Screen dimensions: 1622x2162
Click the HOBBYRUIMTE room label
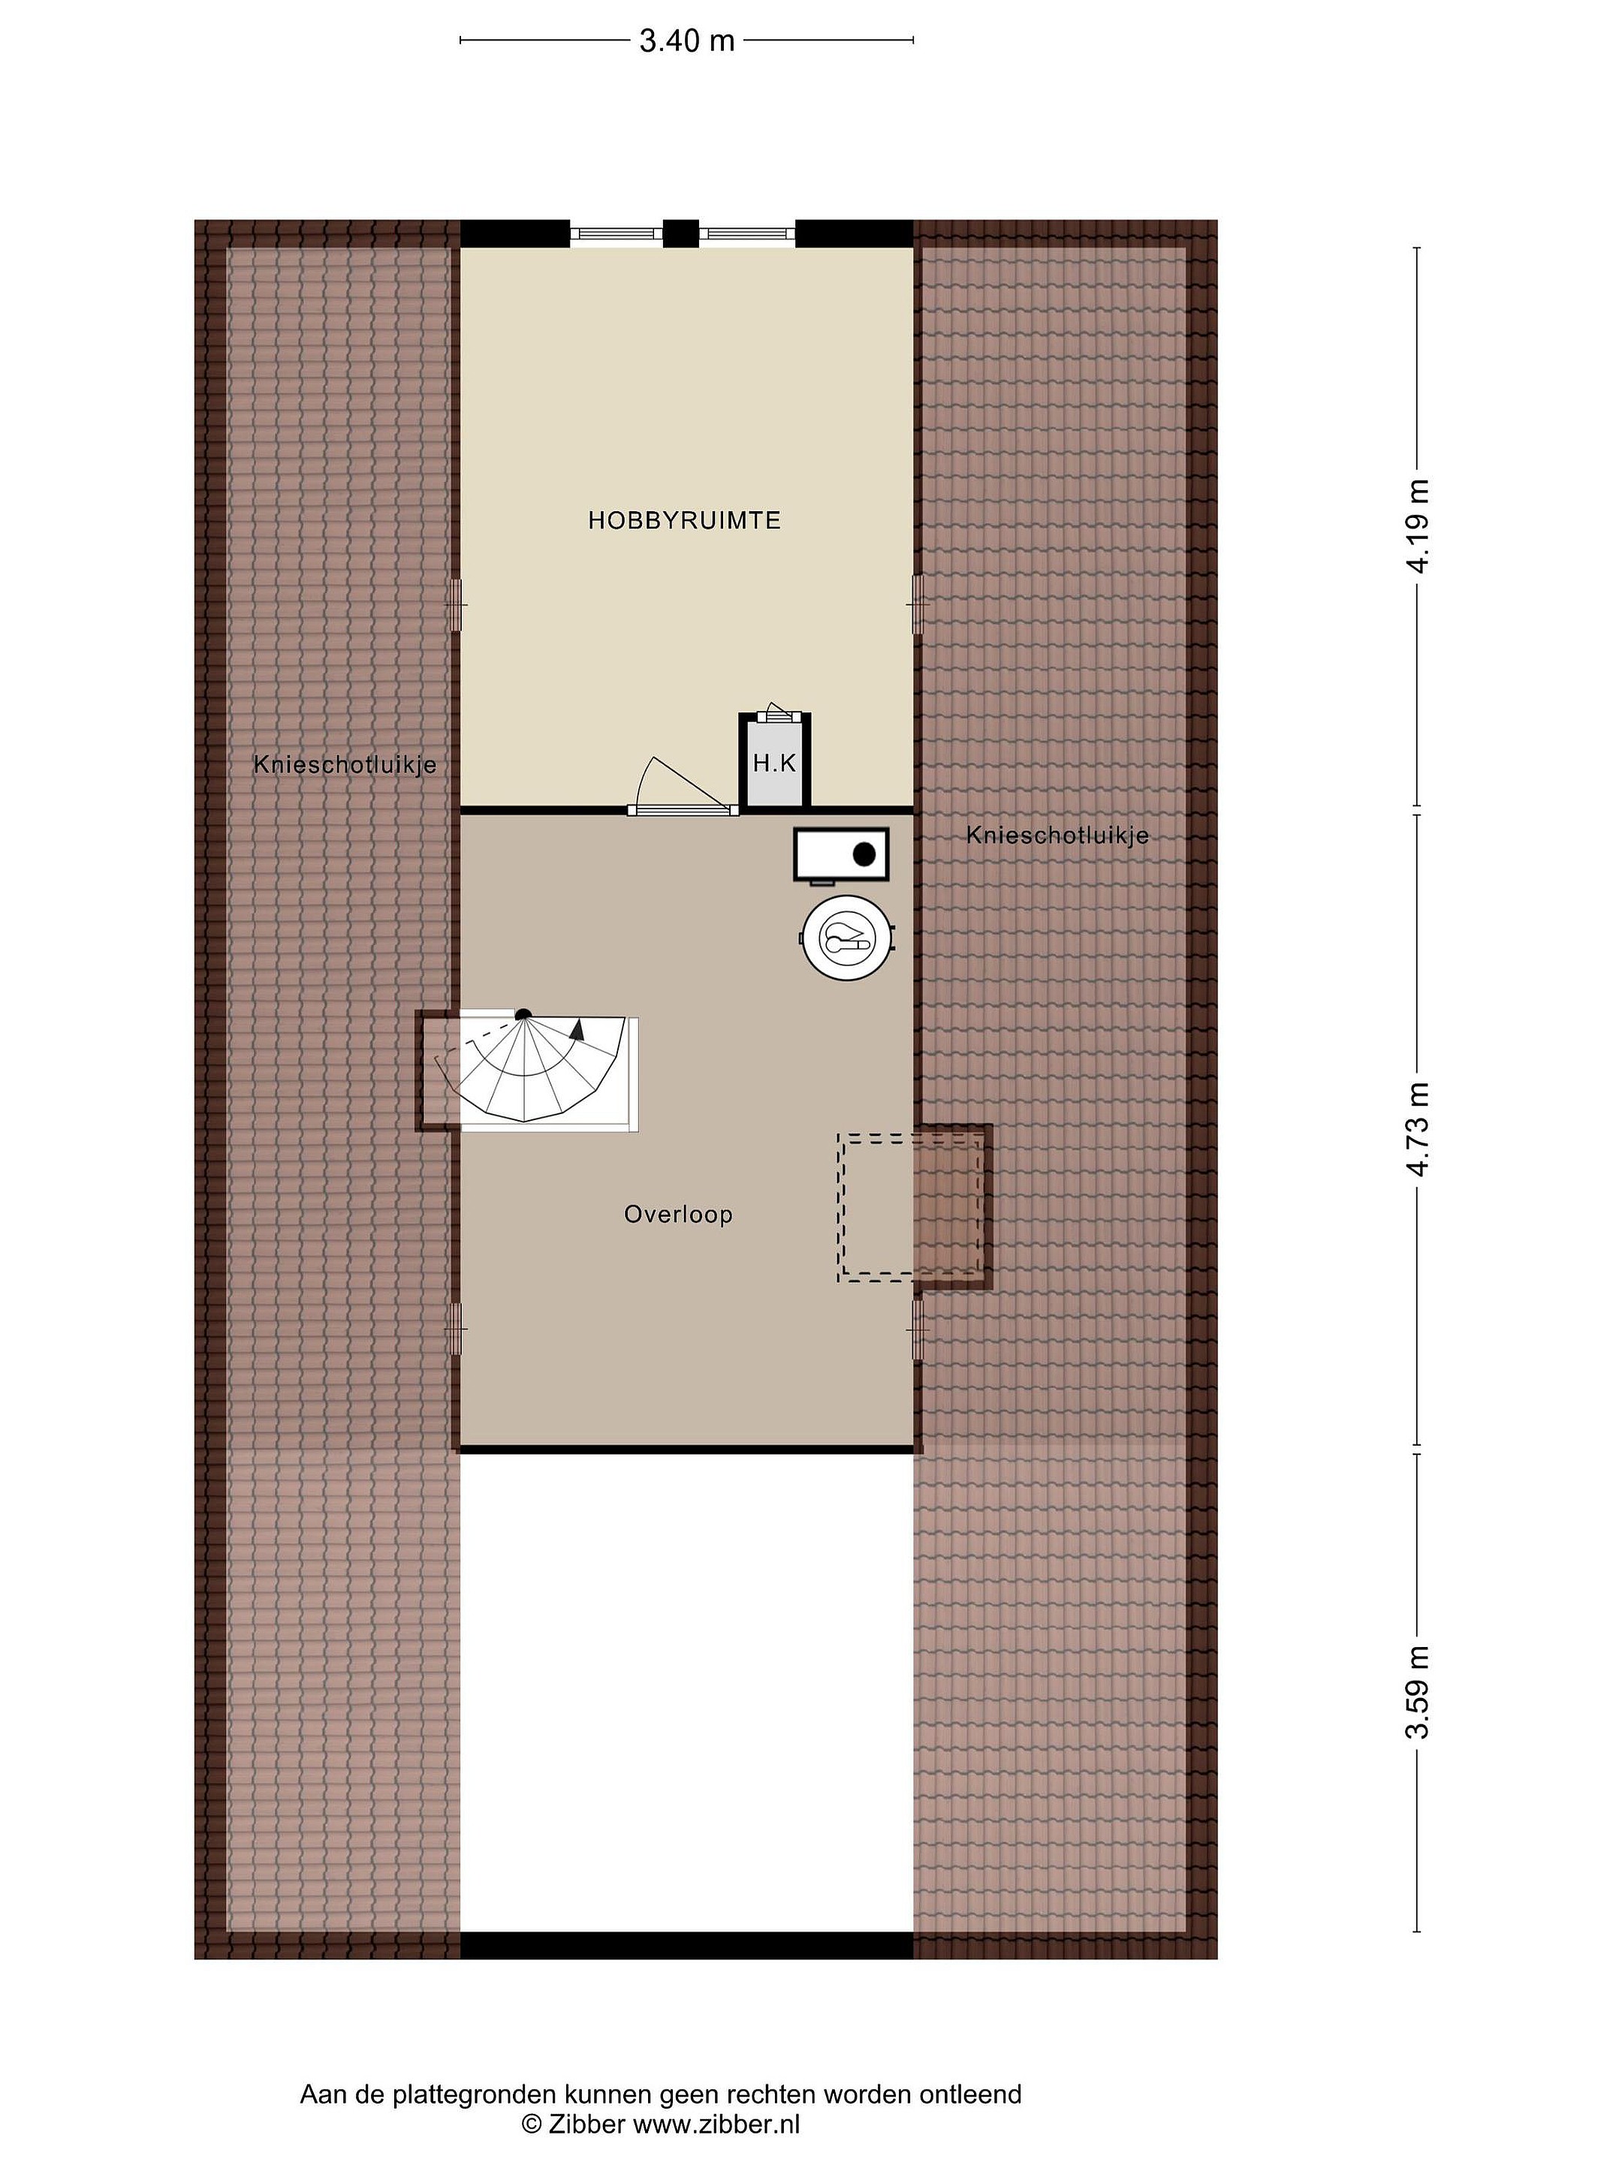pyautogui.click(x=683, y=521)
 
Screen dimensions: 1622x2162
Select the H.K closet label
pyautogui.click(x=774, y=763)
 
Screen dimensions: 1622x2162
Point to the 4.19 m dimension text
pyautogui.click(x=1417, y=527)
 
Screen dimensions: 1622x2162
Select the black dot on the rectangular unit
pyautogui.click(x=864, y=854)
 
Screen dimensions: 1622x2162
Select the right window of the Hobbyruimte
pyautogui.click(x=748, y=233)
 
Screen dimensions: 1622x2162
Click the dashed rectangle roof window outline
pyautogui.click(x=911, y=1208)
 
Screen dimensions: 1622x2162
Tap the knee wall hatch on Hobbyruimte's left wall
pyautogui.click(x=457, y=605)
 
